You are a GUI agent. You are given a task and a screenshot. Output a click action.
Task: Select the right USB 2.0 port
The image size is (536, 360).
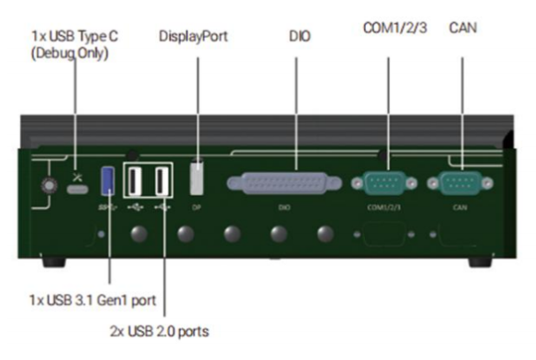[x=162, y=182]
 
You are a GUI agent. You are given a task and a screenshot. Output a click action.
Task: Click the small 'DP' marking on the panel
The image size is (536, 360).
[x=197, y=208]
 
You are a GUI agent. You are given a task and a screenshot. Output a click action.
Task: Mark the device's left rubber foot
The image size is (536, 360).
[x=54, y=262]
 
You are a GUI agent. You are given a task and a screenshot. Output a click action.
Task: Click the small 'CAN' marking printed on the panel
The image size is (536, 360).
[x=458, y=208]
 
